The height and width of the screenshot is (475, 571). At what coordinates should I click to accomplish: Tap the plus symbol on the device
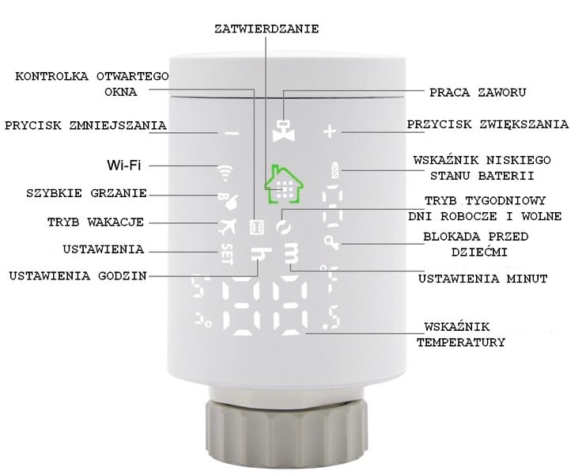(x=330, y=131)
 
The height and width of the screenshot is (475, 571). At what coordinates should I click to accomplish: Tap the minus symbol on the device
(x=231, y=134)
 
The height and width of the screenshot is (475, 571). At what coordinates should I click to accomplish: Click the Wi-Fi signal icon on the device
(x=225, y=170)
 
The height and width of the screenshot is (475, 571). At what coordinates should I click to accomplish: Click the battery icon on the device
(x=337, y=170)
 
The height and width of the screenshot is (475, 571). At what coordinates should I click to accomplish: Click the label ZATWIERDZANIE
(x=267, y=28)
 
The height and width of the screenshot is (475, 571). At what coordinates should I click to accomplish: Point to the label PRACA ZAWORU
(x=477, y=93)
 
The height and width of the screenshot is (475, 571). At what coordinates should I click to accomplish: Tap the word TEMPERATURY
(x=460, y=343)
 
